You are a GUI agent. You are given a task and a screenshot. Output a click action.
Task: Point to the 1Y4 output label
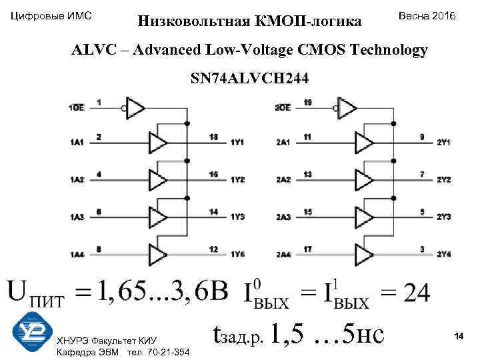pyautogui.click(x=238, y=254)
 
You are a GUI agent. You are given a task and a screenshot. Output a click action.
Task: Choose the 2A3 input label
pyautogui.click(x=283, y=217)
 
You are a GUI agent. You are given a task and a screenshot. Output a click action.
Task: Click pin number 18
pyautogui.click(x=213, y=137)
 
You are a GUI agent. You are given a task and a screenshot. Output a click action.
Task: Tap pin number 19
pyautogui.click(x=307, y=102)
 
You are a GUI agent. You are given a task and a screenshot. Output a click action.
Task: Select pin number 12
pyautogui.click(x=213, y=249)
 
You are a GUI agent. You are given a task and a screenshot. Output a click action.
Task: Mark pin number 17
pyautogui.click(x=307, y=249)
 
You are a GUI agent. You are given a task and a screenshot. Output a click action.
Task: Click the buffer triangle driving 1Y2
pyautogui.click(x=157, y=179)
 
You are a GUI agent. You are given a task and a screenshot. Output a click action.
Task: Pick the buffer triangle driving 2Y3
pyautogui.click(x=365, y=217)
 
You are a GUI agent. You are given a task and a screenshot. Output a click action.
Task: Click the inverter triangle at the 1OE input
pyautogui.click(x=136, y=107)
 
